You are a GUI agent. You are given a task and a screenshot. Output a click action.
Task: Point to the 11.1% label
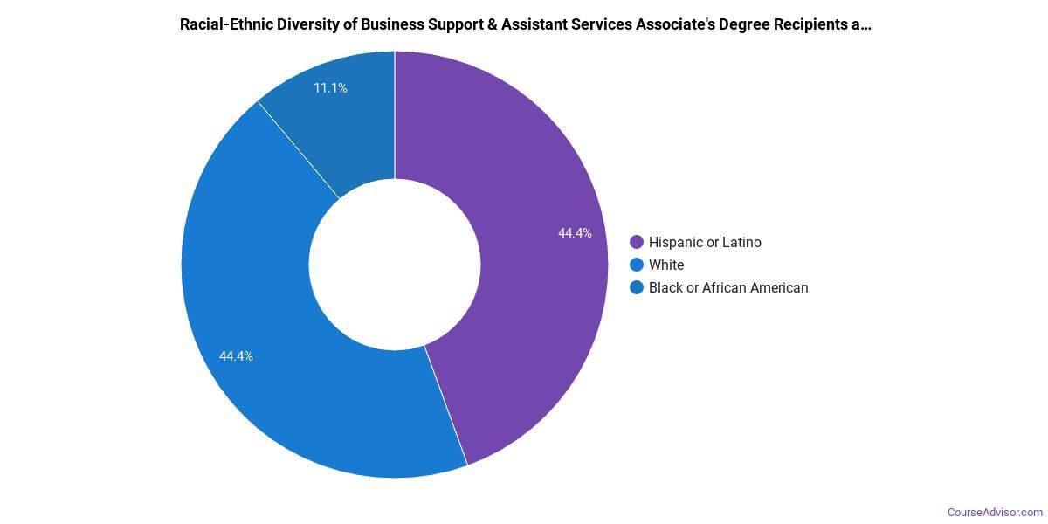330,88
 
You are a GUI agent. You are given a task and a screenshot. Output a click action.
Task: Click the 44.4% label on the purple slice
575,233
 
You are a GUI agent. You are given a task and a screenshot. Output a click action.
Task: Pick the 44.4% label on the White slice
236,356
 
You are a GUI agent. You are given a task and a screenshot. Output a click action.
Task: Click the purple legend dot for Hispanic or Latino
636,243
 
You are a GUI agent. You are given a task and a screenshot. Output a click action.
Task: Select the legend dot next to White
636,265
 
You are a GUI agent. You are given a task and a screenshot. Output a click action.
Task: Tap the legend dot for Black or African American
636,288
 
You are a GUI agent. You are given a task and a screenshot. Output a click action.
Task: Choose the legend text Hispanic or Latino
705,243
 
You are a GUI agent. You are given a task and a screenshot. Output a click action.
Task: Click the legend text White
666,265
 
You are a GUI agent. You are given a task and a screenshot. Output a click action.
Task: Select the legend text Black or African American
728,288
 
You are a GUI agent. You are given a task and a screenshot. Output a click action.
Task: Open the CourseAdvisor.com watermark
995,512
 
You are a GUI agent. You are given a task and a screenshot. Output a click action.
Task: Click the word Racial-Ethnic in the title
224,24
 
